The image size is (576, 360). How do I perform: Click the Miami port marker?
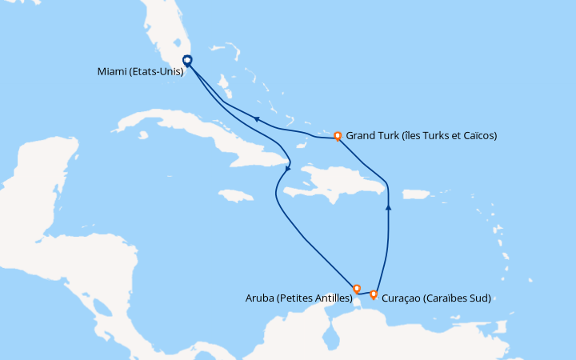coord(187,60)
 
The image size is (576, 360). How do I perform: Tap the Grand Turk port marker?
coord(338,136)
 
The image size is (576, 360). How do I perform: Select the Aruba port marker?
coord(357,289)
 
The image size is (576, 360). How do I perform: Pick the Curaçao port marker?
coord(374,294)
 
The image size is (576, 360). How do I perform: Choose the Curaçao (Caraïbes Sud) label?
coord(436,298)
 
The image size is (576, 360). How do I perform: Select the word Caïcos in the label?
coord(478,136)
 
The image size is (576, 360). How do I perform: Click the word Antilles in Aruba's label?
coord(330,298)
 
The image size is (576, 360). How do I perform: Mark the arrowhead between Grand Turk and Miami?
coord(256,119)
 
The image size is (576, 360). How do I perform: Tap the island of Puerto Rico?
coord(416,194)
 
